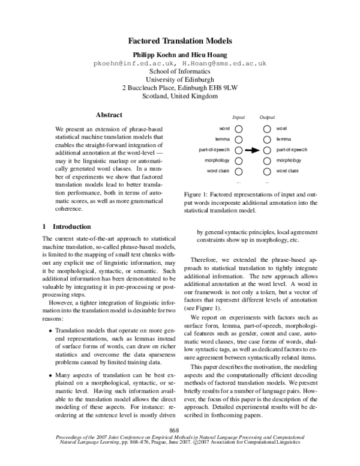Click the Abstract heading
click(109, 115)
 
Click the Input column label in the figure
click(238, 118)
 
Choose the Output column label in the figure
click(267, 118)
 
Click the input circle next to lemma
click(239, 139)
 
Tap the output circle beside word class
click(267, 171)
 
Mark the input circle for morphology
click(239, 161)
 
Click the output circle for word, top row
click(267, 129)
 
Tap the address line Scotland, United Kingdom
click(180, 96)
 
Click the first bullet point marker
click(49, 330)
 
